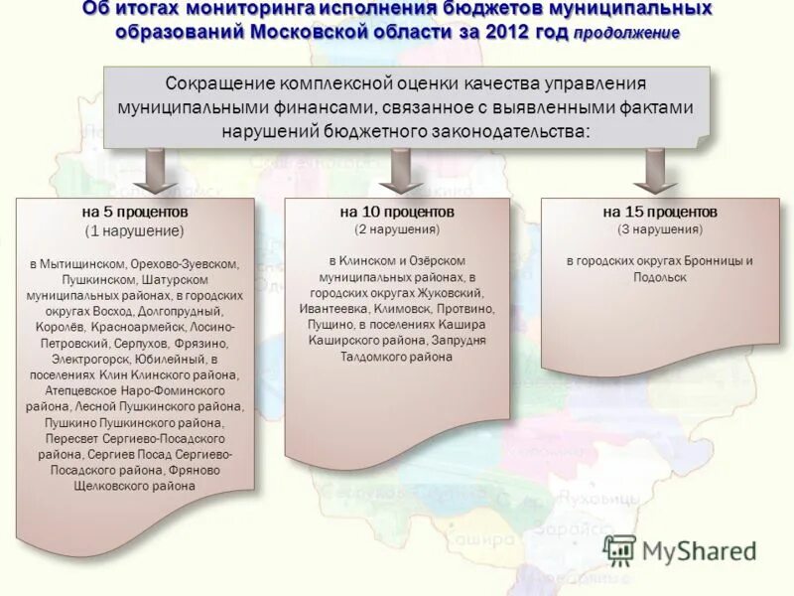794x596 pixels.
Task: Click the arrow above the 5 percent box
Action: click(x=154, y=171)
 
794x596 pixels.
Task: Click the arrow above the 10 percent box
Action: click(x=401, y=171)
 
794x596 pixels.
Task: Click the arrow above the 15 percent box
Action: click(x=655, y=171)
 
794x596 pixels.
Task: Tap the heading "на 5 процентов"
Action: click(x=135, y=213)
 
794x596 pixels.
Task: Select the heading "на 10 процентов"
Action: click(x=397, y=213)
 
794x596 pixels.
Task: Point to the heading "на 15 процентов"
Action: click(x=659, y=213)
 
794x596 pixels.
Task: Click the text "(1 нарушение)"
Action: click(x=135, y=230)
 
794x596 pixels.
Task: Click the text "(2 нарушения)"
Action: click(x=397, y=229)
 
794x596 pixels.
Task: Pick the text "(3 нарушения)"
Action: click(x=659, y=229)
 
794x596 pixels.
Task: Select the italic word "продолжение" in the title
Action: click(x=626, y=32)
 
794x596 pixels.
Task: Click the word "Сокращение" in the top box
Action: click(x=213, y=83)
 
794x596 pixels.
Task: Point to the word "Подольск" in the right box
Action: click(x=660, y=277)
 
